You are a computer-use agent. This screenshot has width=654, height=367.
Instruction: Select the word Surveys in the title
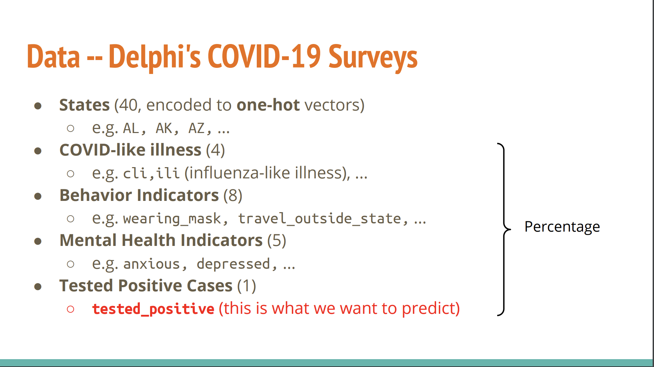[373, 58]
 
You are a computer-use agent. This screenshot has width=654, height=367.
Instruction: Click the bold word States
[84, 105]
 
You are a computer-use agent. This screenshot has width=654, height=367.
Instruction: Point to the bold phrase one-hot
[268, 105]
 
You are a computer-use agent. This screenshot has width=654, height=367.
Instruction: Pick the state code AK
[164, 128]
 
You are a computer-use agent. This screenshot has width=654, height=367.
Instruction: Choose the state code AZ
[197, 128]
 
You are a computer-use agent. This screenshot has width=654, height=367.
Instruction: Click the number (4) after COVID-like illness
[215, 150]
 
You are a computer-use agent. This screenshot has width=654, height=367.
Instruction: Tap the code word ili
[168, 173]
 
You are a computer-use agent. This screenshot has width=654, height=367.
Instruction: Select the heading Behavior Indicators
[139, 195]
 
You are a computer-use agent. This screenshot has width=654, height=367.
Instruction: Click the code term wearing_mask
[172, 219]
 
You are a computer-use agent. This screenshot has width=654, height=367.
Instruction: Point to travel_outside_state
[319, 219]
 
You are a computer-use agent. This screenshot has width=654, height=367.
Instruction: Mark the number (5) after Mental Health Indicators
[277, 240]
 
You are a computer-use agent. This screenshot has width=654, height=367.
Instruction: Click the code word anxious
[151, 264]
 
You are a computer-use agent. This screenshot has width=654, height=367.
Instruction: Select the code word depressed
[233, 264]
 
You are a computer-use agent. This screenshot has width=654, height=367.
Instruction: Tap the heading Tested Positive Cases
[146, 286]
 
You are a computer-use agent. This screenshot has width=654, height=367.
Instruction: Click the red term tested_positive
[153, 309]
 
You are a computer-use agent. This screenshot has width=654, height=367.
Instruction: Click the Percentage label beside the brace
[562, 227]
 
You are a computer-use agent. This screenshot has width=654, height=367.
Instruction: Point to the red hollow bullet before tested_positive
[71, 309]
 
